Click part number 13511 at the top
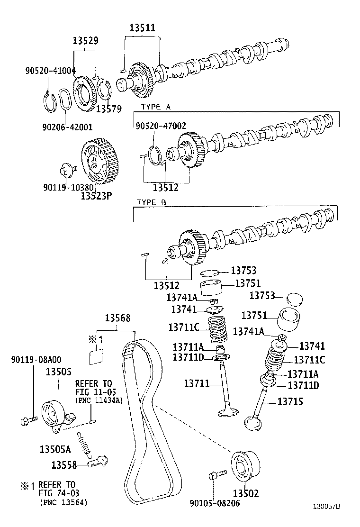pos(142,28)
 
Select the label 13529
pos(86,41)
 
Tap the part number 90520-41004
pos(50,71)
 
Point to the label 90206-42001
pos(67,127)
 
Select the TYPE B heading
pos(152,202)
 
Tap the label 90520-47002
pos(161,126)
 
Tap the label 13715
pos(290,402)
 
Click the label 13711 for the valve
pos(197,382)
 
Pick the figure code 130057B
pos(326,506)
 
